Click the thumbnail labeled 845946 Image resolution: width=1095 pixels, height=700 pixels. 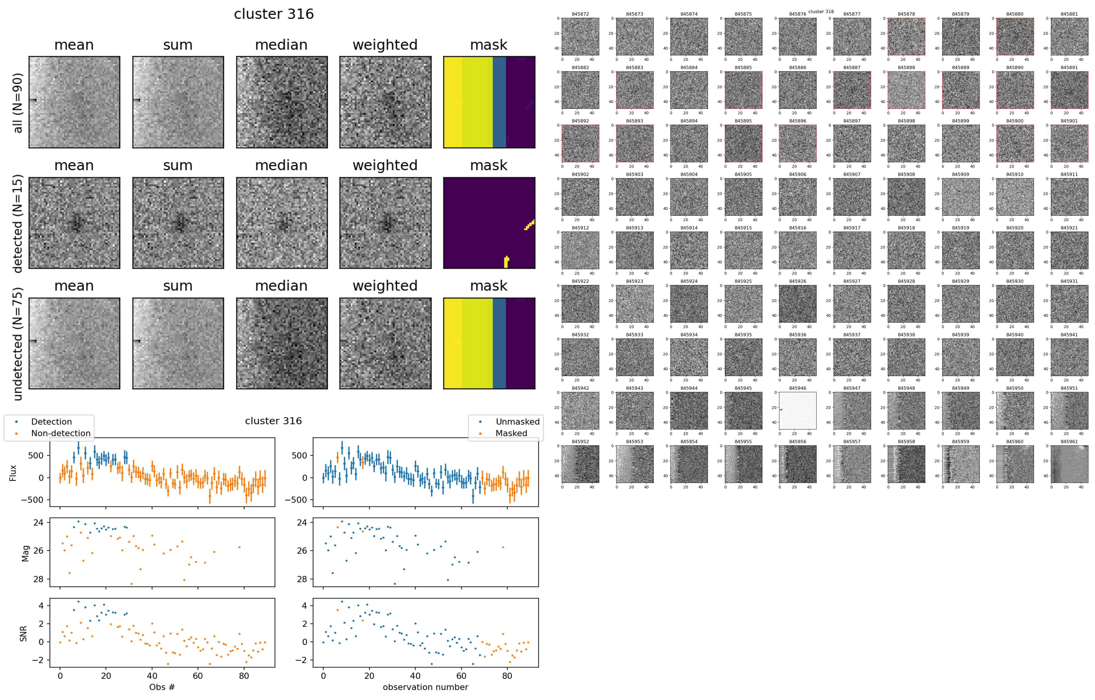(798, 411)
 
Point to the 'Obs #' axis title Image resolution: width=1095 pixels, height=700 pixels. (162, 687)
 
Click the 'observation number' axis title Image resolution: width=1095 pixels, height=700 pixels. (425, 687)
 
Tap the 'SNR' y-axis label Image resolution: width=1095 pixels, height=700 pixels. (24, 633)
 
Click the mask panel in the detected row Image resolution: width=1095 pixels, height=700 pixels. (489, 223)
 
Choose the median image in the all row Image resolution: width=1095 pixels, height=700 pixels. (281, 103)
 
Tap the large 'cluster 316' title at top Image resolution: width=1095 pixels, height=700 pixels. (274, 14)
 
